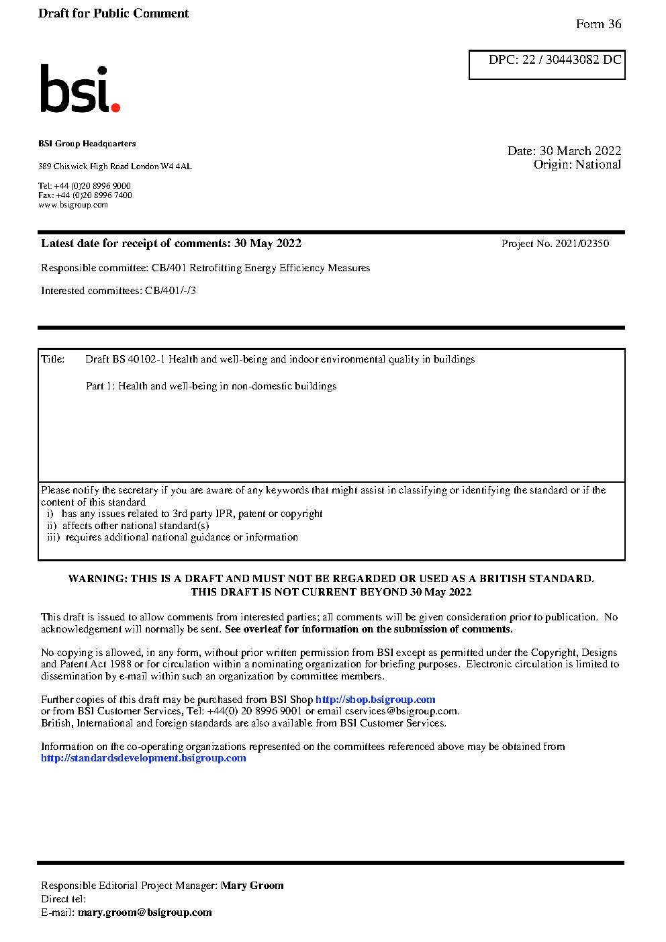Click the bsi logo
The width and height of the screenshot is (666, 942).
[79, 89]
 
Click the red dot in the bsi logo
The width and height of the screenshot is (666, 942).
[115, 107]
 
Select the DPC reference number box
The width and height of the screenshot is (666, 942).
[546, 64]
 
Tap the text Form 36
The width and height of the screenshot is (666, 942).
[598, 24]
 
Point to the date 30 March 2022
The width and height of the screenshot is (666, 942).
[580, 151]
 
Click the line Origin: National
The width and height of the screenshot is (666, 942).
[577, 164]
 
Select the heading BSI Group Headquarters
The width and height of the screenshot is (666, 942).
[87, 144]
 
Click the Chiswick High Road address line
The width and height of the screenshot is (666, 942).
[115, 167]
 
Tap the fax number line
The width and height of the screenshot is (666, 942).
[85, 195]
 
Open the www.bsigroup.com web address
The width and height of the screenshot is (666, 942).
[73, 205]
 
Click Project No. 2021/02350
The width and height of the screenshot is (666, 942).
[555, 244]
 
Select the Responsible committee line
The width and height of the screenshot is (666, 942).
[205, 268]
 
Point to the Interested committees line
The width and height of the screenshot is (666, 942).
[118, 291]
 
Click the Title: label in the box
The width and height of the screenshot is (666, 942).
[53, 359]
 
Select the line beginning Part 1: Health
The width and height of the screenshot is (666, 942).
[211, 386]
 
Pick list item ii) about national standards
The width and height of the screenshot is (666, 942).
[128, 526]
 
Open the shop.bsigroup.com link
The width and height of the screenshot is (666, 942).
[375, 700]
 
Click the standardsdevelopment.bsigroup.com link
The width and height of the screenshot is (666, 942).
[143, 758]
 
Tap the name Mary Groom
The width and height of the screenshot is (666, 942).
[252, 886]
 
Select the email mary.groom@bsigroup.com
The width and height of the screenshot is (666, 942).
[144, 912]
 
